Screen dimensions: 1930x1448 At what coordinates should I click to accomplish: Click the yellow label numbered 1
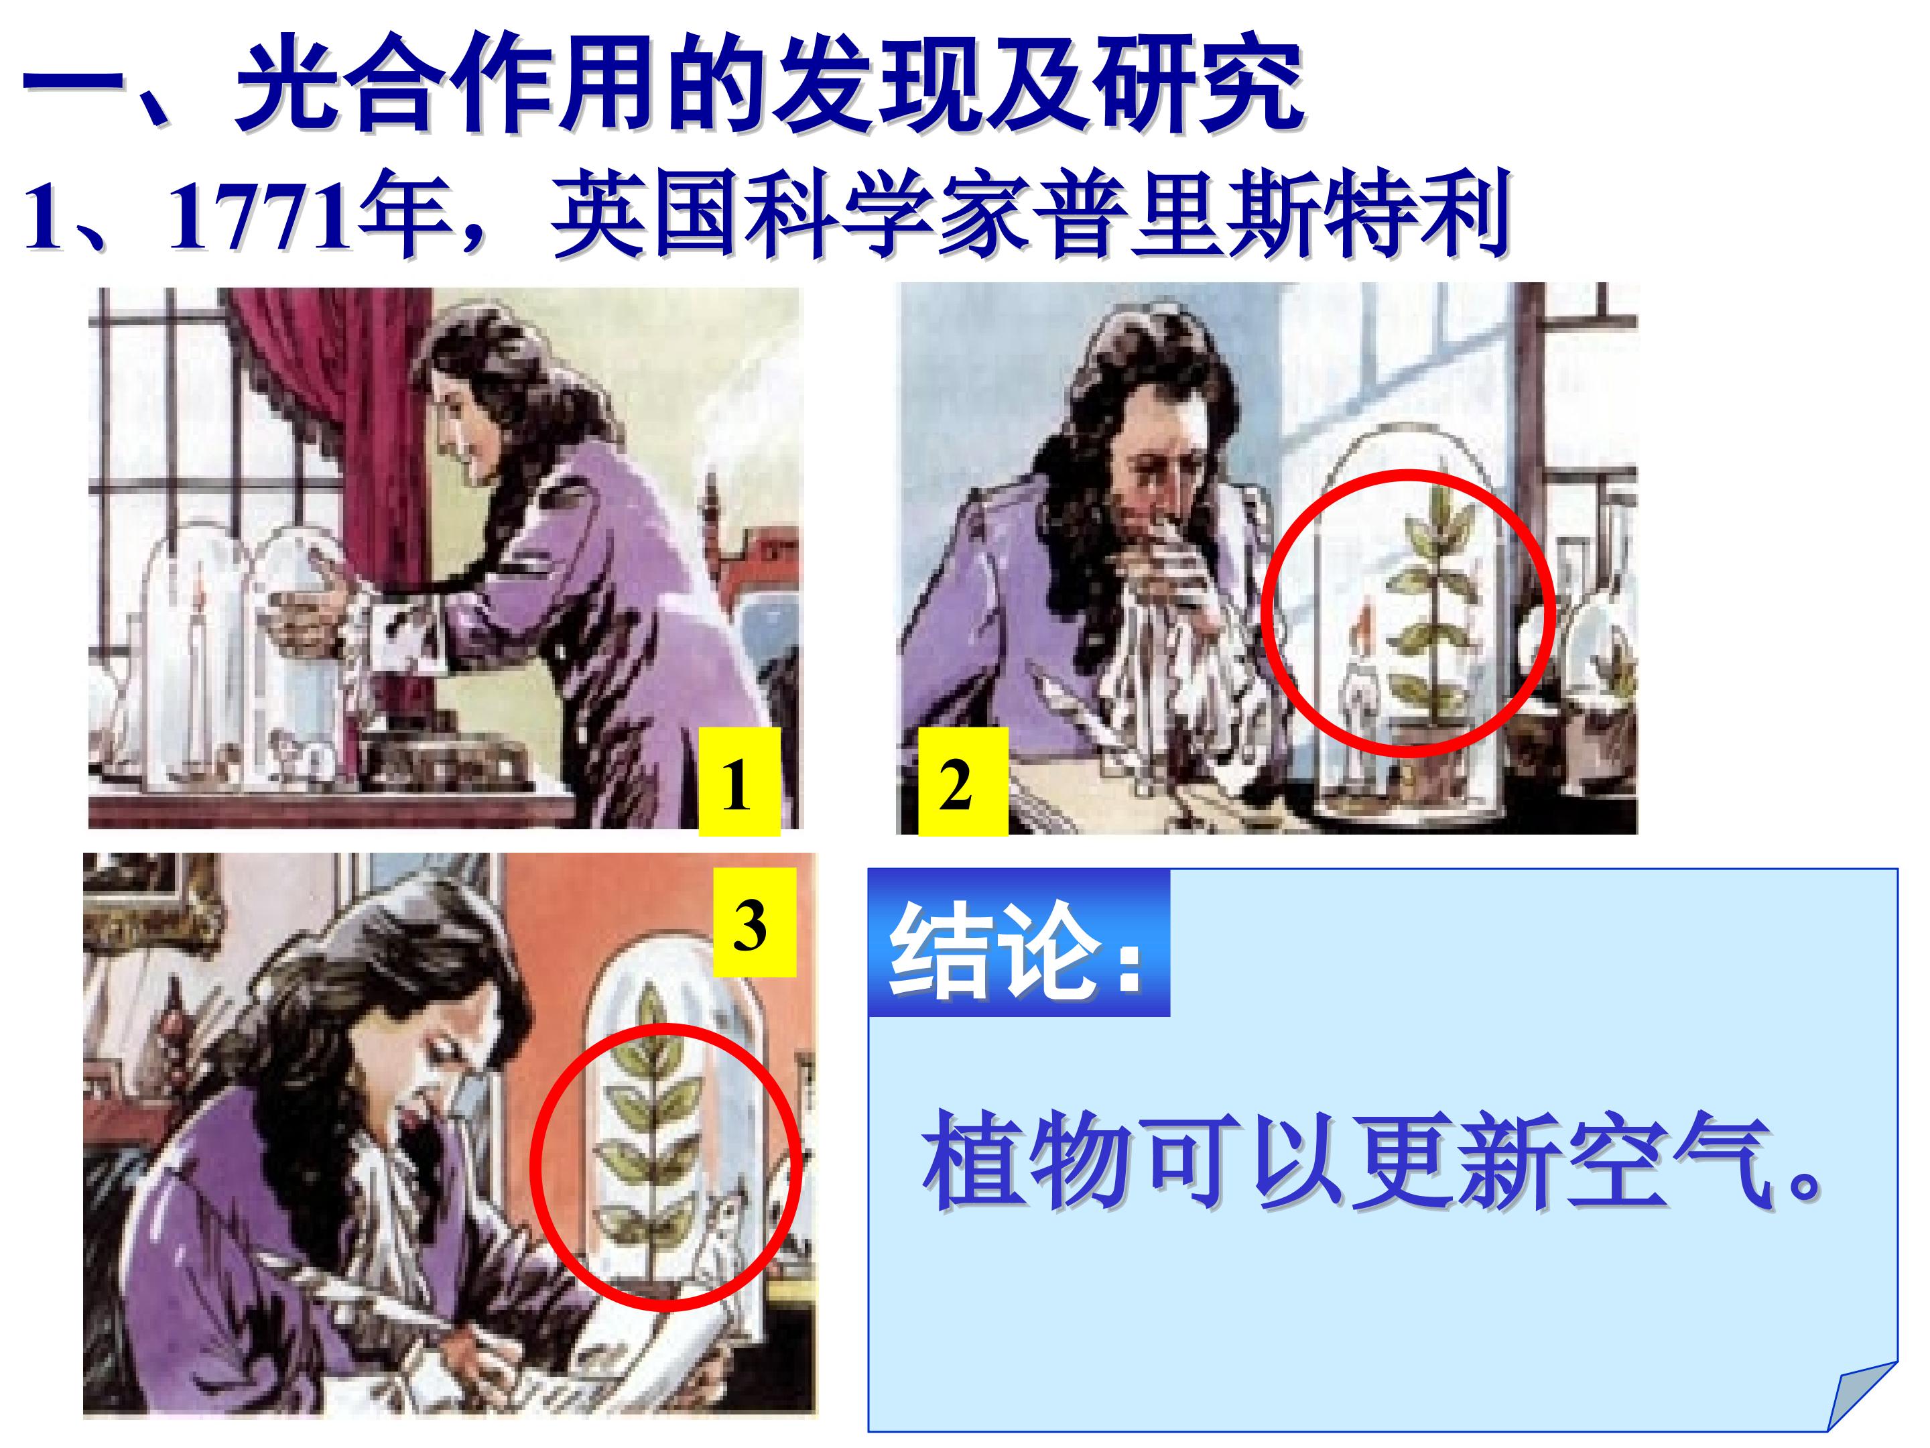(x=738, y=782)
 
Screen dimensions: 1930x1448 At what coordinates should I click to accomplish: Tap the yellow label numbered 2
(x=963, y=782)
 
